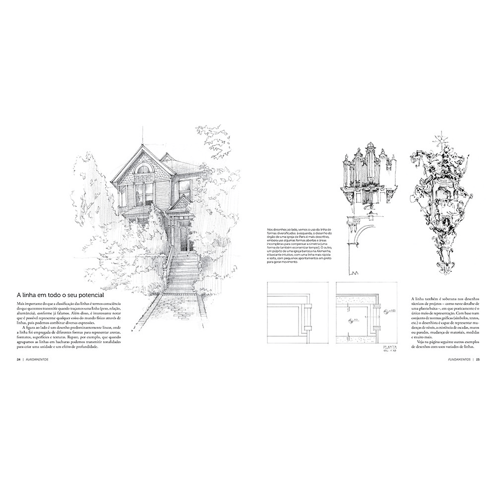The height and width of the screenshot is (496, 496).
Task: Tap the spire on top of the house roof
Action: [142, 135]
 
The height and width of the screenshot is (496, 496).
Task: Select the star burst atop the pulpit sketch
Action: [439, 139]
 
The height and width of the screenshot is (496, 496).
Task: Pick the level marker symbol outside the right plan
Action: [386, 312]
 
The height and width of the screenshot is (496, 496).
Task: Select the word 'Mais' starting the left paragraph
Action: [21, 303]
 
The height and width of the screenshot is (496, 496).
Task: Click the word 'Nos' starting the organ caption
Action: [270, 230]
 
